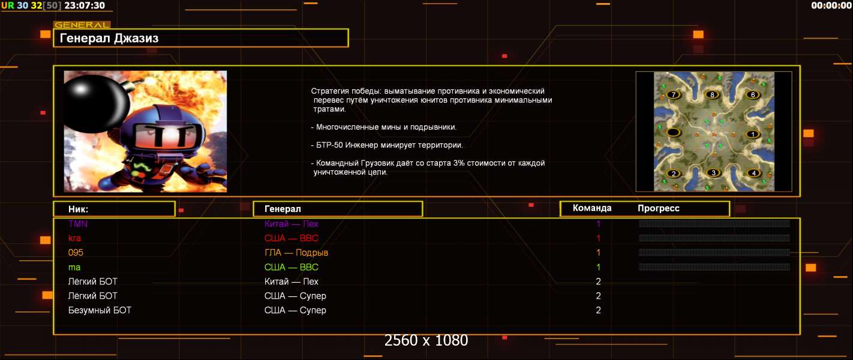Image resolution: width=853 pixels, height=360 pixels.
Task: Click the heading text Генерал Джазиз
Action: [x=109, y=38]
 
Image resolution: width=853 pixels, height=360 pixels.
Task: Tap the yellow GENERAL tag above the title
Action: [x=82, y=25]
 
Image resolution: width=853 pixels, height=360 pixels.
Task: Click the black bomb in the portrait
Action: [x=95, y=103]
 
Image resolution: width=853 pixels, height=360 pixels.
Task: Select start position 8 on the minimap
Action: [x=712, y=94]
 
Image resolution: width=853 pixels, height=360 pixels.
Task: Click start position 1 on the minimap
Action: [x=752, y=134]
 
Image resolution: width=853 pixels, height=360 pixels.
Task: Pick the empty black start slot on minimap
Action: [x=673, y=133]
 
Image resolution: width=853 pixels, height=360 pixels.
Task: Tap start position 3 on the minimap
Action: [x=713, y=173]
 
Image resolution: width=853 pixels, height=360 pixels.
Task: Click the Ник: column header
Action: [x=78, y=209]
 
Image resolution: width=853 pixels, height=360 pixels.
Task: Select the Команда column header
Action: [x=592, y=208]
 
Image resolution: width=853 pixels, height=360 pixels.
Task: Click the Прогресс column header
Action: [x=659, y=208]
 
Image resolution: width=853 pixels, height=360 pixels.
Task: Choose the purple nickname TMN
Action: [x=78, y=224]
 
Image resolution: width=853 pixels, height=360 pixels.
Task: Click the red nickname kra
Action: [x=74, y=238]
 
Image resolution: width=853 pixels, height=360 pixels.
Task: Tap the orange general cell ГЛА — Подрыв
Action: [x=296, y=253]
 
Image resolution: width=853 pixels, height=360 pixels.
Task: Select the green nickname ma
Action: [x=74, y=268]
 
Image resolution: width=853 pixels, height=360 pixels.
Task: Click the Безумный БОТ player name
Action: [x=100, y=310]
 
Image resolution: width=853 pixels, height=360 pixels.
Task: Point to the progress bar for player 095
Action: [x=714, y=253]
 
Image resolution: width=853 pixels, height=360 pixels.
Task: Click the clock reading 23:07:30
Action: [x=85, y=5]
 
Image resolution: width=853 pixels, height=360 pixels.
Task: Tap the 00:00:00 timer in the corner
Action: [x=831, y=5]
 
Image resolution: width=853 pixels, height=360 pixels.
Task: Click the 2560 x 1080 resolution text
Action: [x=426, y=340]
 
